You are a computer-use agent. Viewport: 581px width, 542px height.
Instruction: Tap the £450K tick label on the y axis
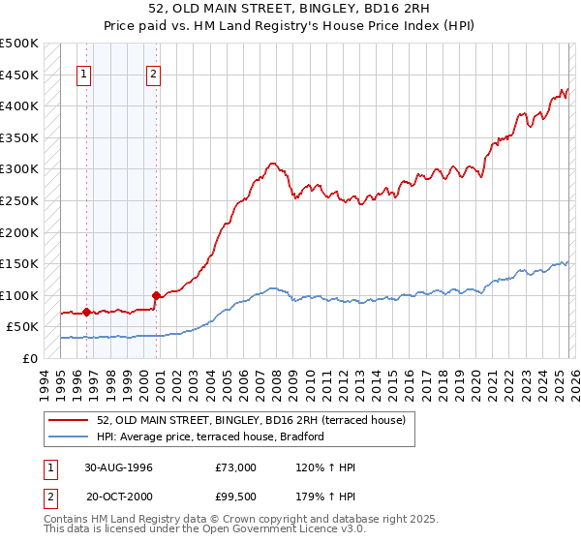point(19,75)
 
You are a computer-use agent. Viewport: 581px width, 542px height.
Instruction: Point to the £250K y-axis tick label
point(19,200)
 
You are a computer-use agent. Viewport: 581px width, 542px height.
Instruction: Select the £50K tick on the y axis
point(22,327)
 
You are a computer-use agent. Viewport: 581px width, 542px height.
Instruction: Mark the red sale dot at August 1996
point(86,312)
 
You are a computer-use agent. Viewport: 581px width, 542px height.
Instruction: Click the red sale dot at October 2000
point(156,295)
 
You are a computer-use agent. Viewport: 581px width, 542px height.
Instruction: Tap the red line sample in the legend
point(70,420)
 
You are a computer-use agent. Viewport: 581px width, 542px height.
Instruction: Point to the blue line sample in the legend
point(70,437)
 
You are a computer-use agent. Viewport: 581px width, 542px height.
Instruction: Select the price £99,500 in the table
point(236,496)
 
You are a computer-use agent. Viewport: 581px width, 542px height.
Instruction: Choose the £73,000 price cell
point(236,467)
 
